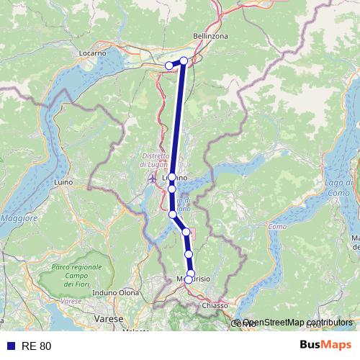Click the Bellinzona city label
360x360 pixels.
coord(210,35)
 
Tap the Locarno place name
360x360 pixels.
coord(93,53)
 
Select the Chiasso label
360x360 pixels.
coord(215,306)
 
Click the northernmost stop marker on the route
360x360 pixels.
coord(184,61)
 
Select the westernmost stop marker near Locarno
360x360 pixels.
coord(169,66)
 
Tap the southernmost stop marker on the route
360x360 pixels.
coord(189,279)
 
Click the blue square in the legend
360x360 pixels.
coord(9,346)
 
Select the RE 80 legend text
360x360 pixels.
coord(36,346)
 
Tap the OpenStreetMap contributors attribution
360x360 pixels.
coord(297,323)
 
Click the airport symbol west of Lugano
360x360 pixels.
coord(151,179)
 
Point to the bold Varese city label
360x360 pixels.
coord(111,318)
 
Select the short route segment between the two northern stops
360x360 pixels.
coord(177,63)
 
